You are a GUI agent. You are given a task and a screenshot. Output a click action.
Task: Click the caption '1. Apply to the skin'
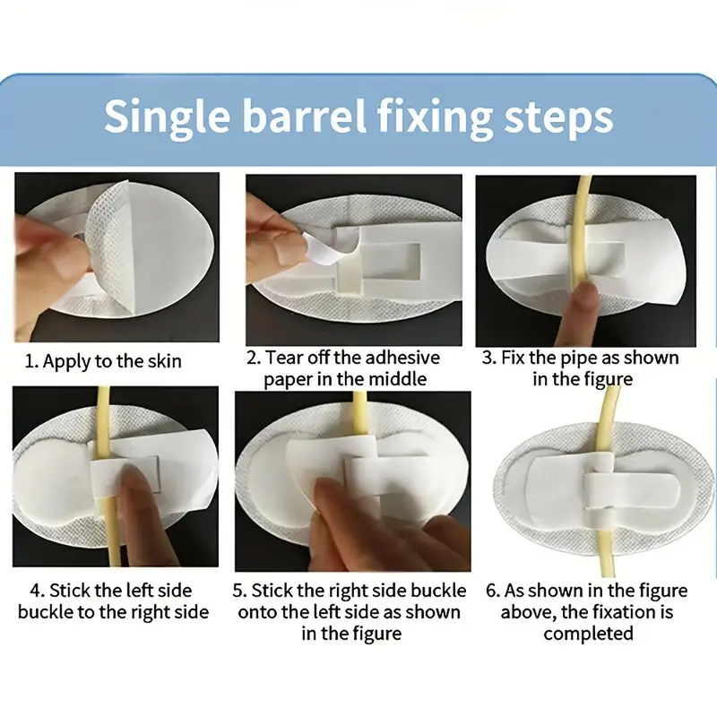pyautogui.click(x=103, y=361)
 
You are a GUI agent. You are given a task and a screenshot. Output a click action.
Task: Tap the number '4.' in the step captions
pyautogui.click(x=37, y=591)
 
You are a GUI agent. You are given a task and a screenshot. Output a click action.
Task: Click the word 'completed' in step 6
pyautogui.click(x=588, y=635)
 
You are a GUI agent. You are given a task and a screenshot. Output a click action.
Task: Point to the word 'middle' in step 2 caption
pyautogui.click(x=398, y=379)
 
